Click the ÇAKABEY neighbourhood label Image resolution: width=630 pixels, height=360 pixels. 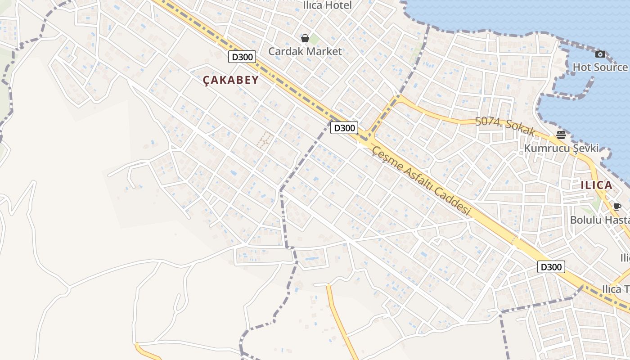click(231, 80)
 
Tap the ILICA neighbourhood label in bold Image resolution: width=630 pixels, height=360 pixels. click(596, 185)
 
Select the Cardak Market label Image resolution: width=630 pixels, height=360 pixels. click(305, 51)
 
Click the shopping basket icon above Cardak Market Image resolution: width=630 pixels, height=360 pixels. click(305, 38)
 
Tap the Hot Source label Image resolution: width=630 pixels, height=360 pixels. click(600, 67)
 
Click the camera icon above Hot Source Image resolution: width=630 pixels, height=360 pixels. click(600, 54)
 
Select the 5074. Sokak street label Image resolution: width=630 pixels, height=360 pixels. click(505, 126)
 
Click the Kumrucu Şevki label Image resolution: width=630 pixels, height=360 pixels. click(561, 148)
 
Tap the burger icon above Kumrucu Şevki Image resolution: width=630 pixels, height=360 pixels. click(561, 135)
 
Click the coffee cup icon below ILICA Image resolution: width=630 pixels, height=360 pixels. click(617, 207)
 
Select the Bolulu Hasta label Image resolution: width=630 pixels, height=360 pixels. click(599, 220)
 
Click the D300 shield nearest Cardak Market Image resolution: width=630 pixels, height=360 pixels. click(242, 57)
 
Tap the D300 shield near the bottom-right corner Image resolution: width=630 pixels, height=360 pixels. click(551, 267)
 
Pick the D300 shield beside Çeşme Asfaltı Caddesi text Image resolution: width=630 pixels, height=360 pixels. click(344, 128)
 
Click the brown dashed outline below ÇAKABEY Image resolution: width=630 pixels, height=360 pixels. click(265, 139)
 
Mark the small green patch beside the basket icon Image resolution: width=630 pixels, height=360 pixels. click(314, 39)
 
